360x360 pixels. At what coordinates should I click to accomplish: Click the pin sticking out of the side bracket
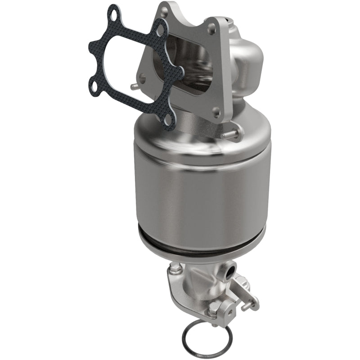(247, 307)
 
